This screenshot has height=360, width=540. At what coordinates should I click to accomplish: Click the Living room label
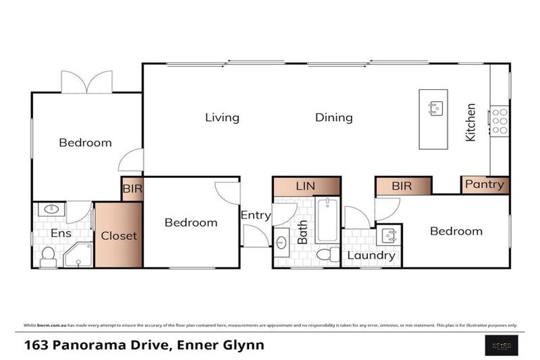[x=222, y=117]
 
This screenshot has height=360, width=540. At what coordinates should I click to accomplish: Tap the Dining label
[x=333, y=117]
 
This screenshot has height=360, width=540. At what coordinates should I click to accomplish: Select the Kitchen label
[x=470, y=122]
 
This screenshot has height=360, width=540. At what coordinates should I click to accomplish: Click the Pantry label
[x=484, y=185]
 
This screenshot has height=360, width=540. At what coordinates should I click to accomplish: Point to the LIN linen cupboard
[x=306, y=186]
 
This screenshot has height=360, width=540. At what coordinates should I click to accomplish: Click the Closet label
[x=119, y=236]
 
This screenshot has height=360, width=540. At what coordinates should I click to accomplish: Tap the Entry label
[x=255, y=215]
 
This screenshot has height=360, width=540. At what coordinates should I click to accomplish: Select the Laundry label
[x=371, y=255]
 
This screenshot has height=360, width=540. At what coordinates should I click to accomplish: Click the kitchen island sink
[x=436, y=108]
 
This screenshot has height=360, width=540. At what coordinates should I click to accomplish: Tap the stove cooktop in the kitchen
[x=499, y=121]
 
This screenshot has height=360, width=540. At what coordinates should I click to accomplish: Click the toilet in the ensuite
[x=49, y=257]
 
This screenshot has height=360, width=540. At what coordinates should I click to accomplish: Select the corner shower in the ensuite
[x=78, y=255]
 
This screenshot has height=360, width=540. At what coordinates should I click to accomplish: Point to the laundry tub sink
[x=388, y=235]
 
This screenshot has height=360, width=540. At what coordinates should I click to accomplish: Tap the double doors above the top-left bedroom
[x=86, y=82]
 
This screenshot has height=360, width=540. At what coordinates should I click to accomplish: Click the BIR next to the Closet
[x=132, y=189]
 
